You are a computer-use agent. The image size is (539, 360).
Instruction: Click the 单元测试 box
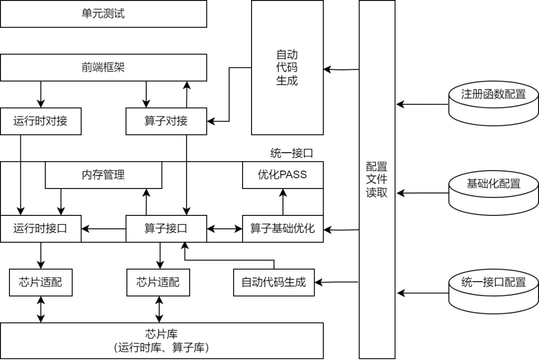point(103,14)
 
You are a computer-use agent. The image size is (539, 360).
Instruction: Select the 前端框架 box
point(103,68)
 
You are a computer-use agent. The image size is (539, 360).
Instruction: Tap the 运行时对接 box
point(40,121)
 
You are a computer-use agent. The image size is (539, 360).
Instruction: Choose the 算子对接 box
point(166,121)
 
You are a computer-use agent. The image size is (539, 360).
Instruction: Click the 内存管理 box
point(103,175)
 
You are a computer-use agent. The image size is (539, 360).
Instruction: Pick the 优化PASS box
point(282,175)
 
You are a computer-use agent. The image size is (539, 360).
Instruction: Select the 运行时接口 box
point(40,229)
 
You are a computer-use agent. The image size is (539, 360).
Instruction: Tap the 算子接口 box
point(166,229)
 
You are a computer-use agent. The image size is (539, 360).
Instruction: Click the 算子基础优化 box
point(282,229)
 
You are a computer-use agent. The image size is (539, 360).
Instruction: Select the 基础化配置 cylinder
point(494,193)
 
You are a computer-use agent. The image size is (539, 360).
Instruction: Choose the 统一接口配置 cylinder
point(494,292)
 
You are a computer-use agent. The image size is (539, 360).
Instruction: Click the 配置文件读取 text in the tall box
point(377,180)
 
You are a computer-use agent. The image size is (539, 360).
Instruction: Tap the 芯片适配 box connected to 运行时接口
point(40,283)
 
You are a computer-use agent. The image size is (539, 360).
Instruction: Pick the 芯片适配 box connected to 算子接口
point(158,283)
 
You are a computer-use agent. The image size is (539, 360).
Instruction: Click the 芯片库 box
point(162,341)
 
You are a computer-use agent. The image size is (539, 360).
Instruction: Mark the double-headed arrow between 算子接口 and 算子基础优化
point(225,229)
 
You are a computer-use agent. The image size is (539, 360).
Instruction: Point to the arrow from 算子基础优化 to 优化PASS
point(282,202)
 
